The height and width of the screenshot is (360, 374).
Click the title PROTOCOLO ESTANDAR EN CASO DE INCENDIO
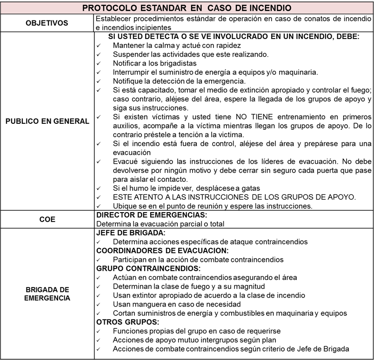click(x=187, y=8)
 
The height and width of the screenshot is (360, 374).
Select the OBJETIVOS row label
click(x=47, y=23)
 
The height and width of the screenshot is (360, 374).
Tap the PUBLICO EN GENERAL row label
click(x=47, y=121)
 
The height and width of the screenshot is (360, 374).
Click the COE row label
click(x=47, y=220)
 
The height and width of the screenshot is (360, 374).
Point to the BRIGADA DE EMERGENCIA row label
click(x=47, y=293)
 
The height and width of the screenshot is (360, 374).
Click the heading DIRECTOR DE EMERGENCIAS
click(x=151, y=215)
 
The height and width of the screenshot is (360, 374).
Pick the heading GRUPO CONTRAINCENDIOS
click(x=148, y=268)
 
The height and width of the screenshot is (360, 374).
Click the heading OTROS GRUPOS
click(x=128, y=322)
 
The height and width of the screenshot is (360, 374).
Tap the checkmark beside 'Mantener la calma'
click(x=99, y=46)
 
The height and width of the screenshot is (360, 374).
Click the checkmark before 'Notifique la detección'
click(x=99, y=81)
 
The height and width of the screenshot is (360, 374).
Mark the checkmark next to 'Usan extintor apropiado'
click(x=99, y=295)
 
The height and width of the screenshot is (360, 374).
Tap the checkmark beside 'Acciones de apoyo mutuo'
click(x=99, y=340)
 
